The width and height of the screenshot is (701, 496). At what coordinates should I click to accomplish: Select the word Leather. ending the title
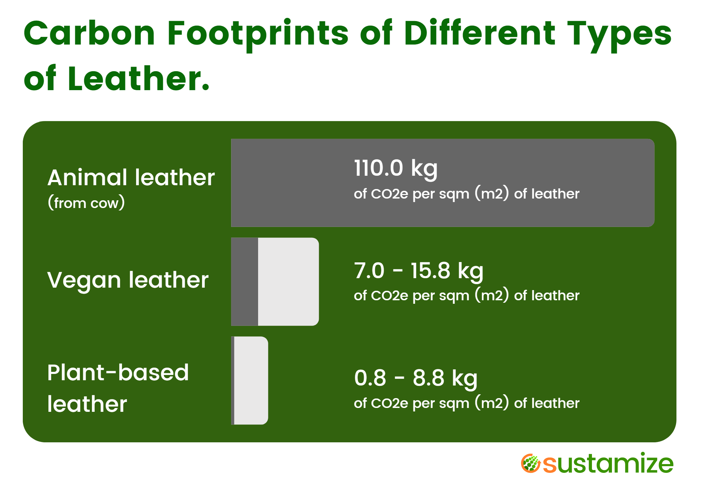[x=138, y=79]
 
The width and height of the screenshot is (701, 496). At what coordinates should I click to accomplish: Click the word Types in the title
[x=619, y=34]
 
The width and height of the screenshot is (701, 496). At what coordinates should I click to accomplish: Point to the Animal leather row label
[x=131, y=177]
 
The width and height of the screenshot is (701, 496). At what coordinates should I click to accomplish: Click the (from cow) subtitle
[x=86, y=203]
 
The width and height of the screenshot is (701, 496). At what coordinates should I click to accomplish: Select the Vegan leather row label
[x=128, y=280]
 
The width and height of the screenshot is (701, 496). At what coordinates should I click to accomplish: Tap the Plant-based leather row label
[x=118, y=388]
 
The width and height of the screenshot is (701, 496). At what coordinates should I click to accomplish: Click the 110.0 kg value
[x=396, y=168]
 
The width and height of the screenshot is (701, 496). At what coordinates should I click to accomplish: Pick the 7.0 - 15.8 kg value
[x=418, y=271]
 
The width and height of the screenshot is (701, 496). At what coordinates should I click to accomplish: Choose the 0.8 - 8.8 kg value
[x=416, y=378]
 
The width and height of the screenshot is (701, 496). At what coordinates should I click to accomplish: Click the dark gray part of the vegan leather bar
[x=245, y=282]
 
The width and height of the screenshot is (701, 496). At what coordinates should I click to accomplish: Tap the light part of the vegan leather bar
[x=288, y=282]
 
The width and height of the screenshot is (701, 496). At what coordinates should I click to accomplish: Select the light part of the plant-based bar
[x=251, y=381]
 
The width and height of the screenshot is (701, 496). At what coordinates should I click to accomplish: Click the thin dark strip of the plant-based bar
[x=233, y=381]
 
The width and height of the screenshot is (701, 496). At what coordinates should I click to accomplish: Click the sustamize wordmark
[x=608, y=464]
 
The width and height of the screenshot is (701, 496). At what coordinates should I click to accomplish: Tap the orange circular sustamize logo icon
[x=531, y=463]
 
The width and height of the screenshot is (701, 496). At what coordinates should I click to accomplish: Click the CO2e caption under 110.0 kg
[x=466, y=194]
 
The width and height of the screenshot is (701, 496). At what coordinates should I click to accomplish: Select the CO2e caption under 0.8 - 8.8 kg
[x=466, y=403]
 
